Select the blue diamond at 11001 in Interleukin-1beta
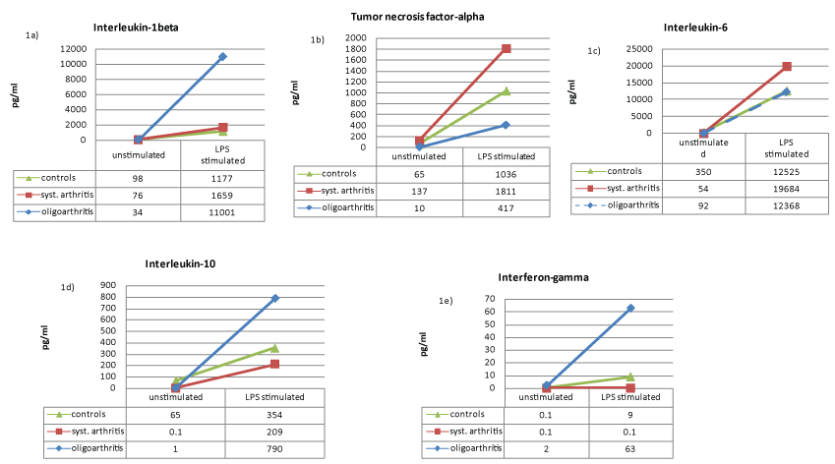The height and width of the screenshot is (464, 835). click(x=223, y=56)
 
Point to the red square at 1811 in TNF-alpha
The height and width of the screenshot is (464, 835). click(x=507, y=48)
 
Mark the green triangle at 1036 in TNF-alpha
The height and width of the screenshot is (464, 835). click(x=507, y=91)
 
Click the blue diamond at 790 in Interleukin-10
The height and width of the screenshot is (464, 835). click(x=274, y=298)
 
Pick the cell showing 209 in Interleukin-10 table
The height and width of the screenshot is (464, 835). click(x=274, y=432)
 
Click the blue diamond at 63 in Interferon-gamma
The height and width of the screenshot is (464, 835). click(x=630, y=308)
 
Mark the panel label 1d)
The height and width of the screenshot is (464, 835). click(x=69, y=287)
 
